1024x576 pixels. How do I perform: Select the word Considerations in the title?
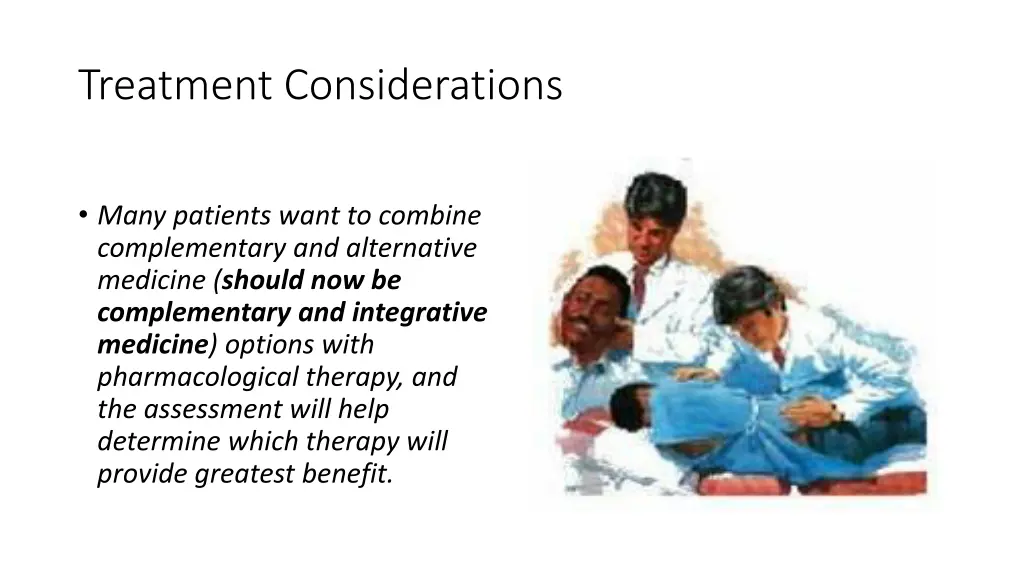click(x=423, y=85)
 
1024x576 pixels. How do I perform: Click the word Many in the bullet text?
click(x=128, y=216)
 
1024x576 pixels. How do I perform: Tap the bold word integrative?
click(x=419, y=313)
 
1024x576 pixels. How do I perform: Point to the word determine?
click(x=159, y=441)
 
